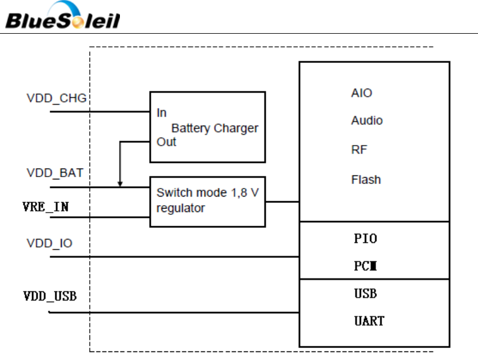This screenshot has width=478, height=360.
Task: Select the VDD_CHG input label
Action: pyautogui.click(x=57, y=98)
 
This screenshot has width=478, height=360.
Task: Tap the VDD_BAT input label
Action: pyautogui.click(x=55, y=173)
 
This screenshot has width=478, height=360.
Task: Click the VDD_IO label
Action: pyautogui.click(x=50, y=243)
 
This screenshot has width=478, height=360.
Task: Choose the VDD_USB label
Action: pyautogui.click(x=50, y=296)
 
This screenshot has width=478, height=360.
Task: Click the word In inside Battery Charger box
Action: pyautogui.click(x=162, y=113)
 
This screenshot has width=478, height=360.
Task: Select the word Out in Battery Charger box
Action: pyautogui.click(x=166, y=142)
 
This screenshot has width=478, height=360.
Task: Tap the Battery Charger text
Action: pyautogui.click(x=215, y=128)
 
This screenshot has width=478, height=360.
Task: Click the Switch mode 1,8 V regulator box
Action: pyautogui.click(x=207, y=201)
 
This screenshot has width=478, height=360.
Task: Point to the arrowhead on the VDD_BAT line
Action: pyautogui.click(x=120, y=183)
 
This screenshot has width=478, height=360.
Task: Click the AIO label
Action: pyautogui.click(x=361, y=93)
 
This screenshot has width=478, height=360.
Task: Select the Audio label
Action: pyautogui.click(x=367, y=121)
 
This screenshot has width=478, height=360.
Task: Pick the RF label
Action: pyautogui.click(x=359, y=150)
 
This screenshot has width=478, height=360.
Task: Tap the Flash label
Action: pyautogui.click(x=365, y=179)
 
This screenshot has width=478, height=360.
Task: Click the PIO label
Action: pyautogui.click(x=365, y=238)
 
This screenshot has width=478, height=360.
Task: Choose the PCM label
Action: pyautogui.click(x=365, y=266)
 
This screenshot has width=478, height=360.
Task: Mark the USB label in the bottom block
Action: pyautogui.click(x=365, y=294)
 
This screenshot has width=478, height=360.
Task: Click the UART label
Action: pyautogui.click(x=369, y=321)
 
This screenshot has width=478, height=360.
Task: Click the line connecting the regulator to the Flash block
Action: pyautogui.click(x=282, y=201)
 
